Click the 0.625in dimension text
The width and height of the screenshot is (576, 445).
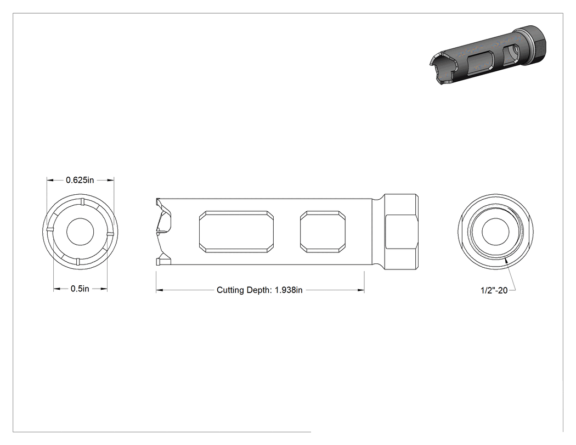coord(80,180)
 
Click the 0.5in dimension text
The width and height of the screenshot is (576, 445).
coord(80,289)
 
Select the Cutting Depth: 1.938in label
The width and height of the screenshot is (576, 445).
coord(259,290)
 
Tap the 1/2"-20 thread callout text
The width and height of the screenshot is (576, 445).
coord(494,290)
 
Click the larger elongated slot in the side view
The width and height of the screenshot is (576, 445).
coord(236,232)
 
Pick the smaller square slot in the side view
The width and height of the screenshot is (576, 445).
coord(323,232)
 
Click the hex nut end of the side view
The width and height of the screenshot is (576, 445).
coord(401,232)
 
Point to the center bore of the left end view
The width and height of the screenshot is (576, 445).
coord(80,232)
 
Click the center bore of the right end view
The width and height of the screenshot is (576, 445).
coord(495,232)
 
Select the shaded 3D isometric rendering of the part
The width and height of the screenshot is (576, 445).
coord(488,55)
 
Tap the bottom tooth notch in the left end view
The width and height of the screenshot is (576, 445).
coord(78,262)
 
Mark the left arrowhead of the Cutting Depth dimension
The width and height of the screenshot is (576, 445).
coord(159,290)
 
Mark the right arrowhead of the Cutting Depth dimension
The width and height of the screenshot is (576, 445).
coord(361,290)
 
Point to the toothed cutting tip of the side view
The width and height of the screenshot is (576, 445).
coord(163,232)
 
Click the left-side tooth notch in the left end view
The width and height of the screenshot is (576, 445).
coord(50,230)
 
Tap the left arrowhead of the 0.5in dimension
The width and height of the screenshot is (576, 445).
coord(57,289)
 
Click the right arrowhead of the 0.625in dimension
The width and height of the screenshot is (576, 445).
coord(110,180)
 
